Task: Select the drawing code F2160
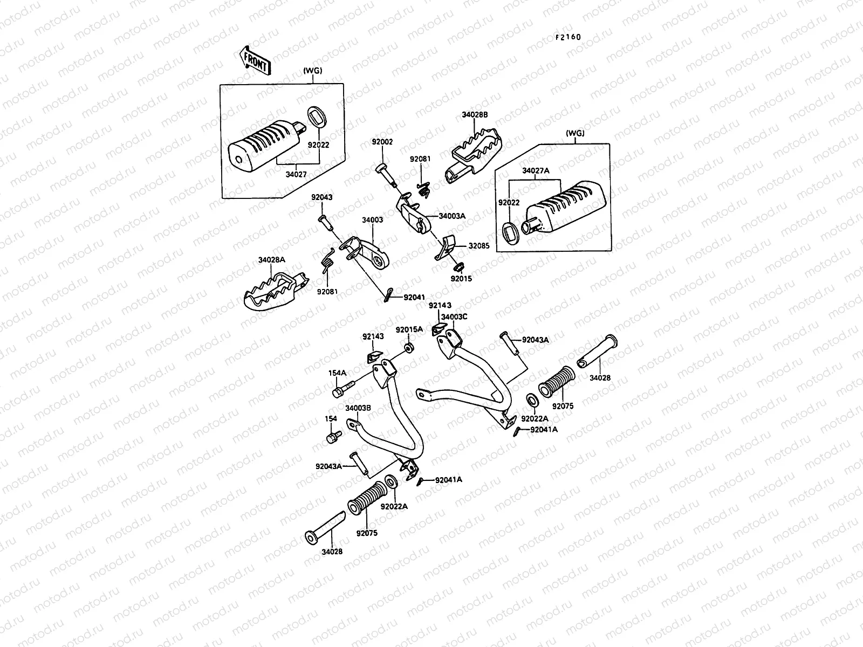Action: tap(569, 37)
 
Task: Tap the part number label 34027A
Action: tap(535, 170)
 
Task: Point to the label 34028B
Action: tap(475, 115)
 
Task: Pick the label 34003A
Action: tap(452, 216)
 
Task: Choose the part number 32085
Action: tap(479, 246)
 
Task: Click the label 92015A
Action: tap(409, 329)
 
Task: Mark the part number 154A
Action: tap(338, 373)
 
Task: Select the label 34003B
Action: tap(358, 408)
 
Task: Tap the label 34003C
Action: tap(454, 317)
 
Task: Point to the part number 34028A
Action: tap(271, 260)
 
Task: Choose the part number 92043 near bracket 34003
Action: tap(321, 197)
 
